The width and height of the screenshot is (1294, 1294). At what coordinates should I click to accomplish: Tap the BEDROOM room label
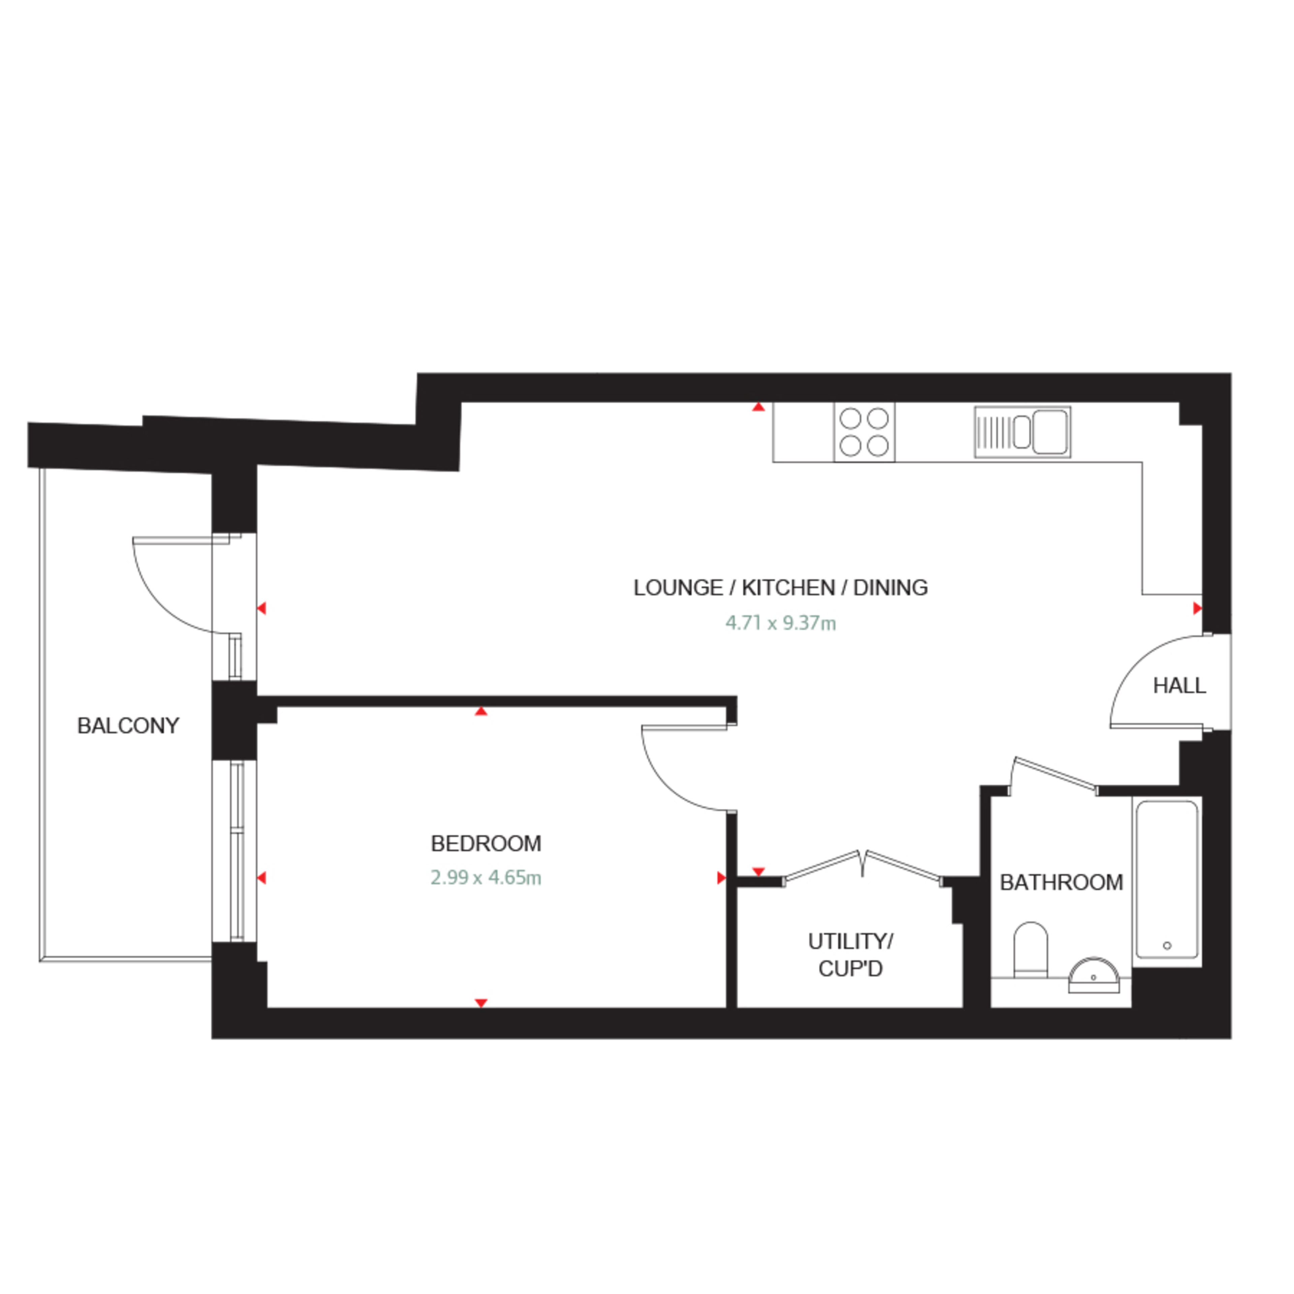tap(486, 843)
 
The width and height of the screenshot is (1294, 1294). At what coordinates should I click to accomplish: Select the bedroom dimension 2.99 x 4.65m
tap(486, 877)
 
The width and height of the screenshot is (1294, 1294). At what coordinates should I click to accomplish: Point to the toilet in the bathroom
tap(1030, 950)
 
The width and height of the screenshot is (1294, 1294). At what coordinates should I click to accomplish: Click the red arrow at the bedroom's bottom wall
tap(481, 1003)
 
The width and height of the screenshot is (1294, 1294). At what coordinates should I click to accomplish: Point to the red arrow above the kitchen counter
tap(758, 406)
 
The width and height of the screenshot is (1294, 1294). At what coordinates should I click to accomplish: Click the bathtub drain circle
tap(1167, 946)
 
